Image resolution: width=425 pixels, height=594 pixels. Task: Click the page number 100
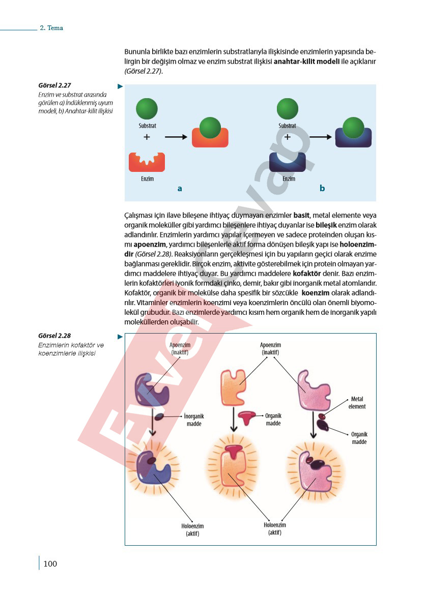pos(50,563)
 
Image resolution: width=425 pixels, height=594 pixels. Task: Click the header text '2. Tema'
pos(51,27)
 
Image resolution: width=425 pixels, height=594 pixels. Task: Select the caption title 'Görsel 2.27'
pos(54,85)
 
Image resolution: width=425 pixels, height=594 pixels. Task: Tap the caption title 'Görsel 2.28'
pos(54,335)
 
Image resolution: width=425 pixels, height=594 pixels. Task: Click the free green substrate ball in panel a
pos(147,109)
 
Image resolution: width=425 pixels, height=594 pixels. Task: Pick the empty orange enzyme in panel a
pos(147,162)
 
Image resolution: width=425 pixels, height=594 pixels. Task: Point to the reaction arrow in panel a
pos(176,137)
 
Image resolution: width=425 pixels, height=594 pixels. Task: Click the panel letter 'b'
pos(322,188)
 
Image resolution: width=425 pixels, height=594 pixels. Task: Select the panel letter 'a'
pos(180,189)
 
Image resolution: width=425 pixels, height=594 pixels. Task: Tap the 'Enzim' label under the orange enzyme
pos(148,179)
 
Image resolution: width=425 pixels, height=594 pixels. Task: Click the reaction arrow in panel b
pos(321,137)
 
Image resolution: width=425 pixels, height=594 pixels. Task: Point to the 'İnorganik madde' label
pos(194,420)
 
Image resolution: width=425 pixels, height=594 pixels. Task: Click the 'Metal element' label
pos(357,403)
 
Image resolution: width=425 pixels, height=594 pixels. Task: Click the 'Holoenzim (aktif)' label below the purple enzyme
pos(192,529)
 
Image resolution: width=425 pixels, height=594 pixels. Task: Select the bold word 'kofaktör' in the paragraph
pos(307,273)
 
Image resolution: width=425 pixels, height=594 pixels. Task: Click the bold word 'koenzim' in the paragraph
pos(316,292)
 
